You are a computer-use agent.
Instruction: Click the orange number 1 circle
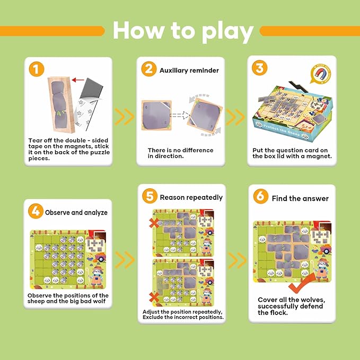pyautogui.click(x=37, y=69)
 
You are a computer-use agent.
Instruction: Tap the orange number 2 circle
pyautogui.click(x=149, y=69)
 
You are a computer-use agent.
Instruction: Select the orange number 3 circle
pyautogui.click(x=260, y=68)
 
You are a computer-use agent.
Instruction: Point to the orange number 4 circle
pyautogui.click(x=36, y=211)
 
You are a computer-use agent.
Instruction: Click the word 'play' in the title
pyautogui.click(x=228, y=32)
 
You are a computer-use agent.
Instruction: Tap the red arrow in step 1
pyautogui.click(x=78, y=80)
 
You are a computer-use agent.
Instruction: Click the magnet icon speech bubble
pyautogui.click(x=321, y=74)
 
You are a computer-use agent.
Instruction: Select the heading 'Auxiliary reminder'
pyautogui.click(x=189, y=71)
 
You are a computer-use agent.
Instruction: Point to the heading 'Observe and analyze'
pyautogui.click(x=76, y=213)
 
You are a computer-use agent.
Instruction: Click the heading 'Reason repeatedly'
pyautogui.click(x=191, y=197)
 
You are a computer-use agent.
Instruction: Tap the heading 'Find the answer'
pyautogui.click(x=300, y=198)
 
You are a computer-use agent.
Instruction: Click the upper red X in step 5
pyautogui.click(x=154, y=223)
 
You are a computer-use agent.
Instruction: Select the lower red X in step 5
pyautogui.click(x=154, y=297)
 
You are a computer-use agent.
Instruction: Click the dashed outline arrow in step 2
pyautogui.click(x=180, y=115)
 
